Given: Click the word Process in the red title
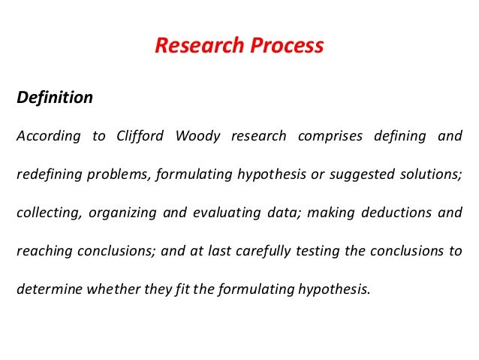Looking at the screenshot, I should coord(288,47).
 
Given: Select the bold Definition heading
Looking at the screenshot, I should coord(55,98).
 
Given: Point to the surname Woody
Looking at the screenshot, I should coord(197,137).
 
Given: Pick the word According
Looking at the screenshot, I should coord(47,137).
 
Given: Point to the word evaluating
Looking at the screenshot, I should coord(230,213).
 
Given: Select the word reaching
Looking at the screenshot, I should coord(42,250).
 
